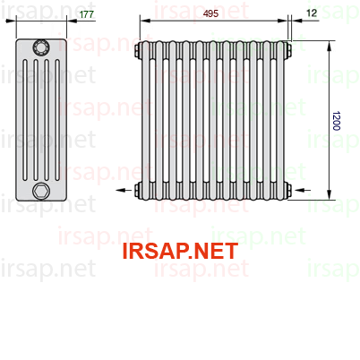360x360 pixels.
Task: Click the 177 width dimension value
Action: (87, 14)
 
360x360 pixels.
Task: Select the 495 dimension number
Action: (210, 13)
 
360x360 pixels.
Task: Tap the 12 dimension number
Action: (312, 13)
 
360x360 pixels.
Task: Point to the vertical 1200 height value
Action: (336, 121)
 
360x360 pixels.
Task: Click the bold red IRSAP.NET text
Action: (180, 251)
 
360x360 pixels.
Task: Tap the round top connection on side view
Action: (41, 47)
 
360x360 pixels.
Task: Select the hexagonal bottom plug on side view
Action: (41, 191)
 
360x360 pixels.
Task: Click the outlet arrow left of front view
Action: (124, 190)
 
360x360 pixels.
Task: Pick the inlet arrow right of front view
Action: (303, 190)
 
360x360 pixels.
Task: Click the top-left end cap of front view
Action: (138, 50)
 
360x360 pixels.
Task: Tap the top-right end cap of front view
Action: (288, 50)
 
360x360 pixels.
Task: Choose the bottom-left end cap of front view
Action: (138, 190)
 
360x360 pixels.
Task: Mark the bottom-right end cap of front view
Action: (288, 190)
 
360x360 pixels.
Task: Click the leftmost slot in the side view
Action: (25, 120)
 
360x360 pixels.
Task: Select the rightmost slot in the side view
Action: (57, 120)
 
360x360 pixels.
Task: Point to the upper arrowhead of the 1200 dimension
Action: (330, 46)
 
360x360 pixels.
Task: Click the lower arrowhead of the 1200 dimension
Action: (330, 194)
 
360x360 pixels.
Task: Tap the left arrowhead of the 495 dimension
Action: (145, 21)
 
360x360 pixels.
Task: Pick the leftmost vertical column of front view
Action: (145, 120)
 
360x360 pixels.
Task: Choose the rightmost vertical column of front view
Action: (280, 120)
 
